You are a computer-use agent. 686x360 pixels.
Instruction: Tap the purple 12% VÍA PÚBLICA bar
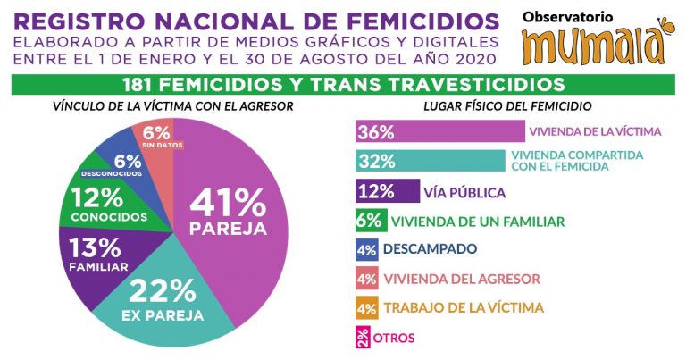pyautogui.click(x=387, y=192)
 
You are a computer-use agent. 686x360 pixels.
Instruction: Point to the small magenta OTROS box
pyautogui.click(x=363, y=337)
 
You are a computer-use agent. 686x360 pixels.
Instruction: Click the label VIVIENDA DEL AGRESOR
pyautogui.click(x=462, y=279)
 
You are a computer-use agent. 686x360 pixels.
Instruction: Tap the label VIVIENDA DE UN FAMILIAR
pyautogui.click(x=476, y=221)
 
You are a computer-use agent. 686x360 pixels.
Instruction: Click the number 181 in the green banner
pyautogui.click(x=146, y=85)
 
